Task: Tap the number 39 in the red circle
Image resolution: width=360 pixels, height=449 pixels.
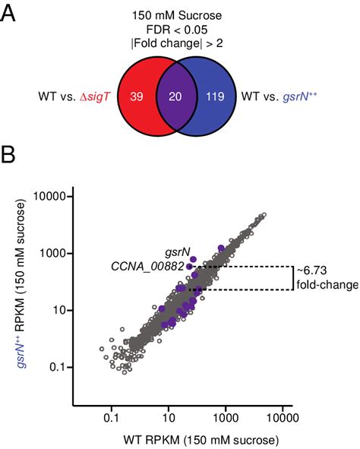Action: click(137, 96)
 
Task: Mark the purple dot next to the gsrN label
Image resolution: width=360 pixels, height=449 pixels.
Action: click(194, 259)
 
